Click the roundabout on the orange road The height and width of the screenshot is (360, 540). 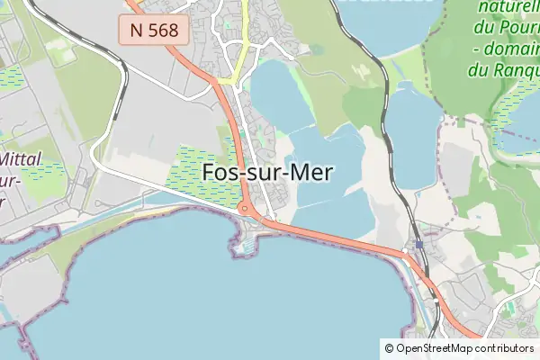245,210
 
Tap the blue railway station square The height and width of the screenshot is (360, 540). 419,244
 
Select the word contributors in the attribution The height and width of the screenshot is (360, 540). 506,348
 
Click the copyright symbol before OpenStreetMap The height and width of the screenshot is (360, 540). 390,348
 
